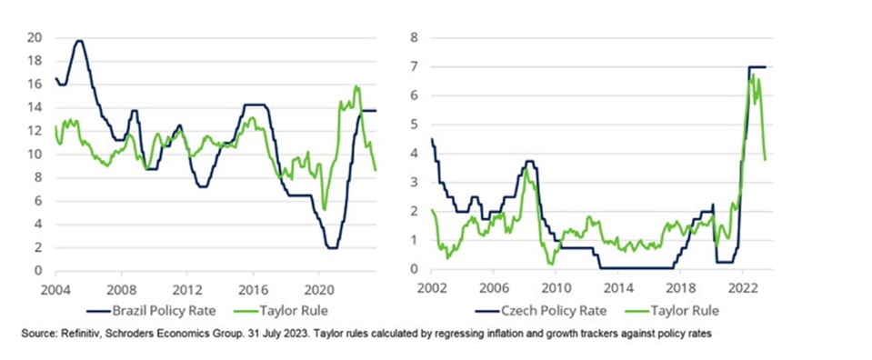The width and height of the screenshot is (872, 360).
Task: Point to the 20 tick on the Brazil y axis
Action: click(x=35, y=38)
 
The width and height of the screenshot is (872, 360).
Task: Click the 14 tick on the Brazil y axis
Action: click(x=35, y=108)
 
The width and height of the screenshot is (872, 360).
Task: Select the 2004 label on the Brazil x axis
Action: click(x=55, y=289)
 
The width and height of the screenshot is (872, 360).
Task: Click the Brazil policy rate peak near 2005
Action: click(x=79, y=41)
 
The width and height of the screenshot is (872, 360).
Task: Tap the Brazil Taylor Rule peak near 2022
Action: click(x=356, y=86)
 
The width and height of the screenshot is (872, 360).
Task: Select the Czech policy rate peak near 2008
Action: click(x=530, y=161)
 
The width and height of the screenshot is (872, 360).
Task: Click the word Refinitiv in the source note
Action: click(x=68, y=334)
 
